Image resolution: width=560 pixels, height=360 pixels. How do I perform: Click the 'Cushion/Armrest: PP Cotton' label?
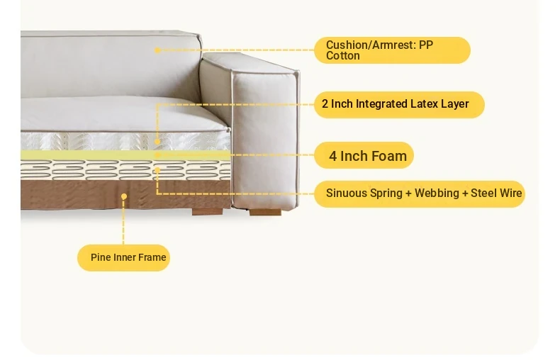392,50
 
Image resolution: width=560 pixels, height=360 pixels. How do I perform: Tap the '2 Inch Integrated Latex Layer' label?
399,104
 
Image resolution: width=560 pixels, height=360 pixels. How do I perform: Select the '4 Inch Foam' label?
364,155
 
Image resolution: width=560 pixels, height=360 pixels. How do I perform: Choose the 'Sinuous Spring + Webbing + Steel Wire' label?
420,193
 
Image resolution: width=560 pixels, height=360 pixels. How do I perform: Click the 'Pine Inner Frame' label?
123,257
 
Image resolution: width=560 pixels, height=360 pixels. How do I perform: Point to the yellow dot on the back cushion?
157,50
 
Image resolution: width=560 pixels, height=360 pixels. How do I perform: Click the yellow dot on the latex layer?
157,142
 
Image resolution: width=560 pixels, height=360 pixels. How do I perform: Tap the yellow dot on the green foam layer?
157,155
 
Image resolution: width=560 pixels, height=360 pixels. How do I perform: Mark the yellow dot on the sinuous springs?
157,170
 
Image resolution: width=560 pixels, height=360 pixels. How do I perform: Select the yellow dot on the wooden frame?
124,196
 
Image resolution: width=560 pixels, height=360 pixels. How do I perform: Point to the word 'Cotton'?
343,56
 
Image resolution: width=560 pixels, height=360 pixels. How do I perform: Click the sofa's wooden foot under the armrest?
265,212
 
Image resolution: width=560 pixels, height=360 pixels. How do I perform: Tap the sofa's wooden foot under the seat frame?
208,212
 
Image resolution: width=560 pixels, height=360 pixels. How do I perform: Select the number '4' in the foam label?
332,156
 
